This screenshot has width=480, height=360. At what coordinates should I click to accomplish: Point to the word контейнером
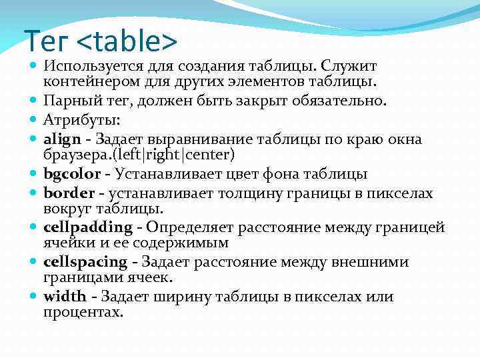[x=86, y=82]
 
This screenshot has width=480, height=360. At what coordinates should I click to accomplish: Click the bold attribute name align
[x=61, y=139]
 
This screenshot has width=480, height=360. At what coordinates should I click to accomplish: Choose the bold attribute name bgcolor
[x=72, y=175]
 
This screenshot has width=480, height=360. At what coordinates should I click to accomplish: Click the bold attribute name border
[x=67, y=193]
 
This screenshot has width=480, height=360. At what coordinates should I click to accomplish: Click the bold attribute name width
[x=65, y=297]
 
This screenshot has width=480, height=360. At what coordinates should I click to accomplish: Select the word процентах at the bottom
[x=83, y=312]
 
